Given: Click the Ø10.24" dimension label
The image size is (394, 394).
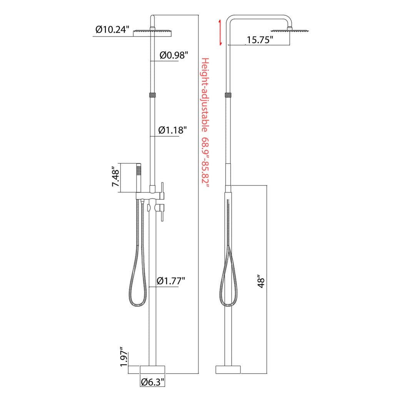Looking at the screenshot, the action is tap(112, 30).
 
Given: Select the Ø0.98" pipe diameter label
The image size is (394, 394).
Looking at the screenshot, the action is tap(174, 55).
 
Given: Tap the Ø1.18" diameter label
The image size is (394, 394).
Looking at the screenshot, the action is tap(173, 130).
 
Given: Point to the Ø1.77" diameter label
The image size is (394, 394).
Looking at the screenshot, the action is tap(171, 280).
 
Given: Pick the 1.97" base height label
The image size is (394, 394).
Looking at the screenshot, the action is tap(124, 357).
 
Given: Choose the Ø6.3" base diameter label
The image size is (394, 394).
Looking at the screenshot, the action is tap(153, 382).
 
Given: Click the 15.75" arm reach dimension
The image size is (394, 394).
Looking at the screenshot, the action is tap(260, 40).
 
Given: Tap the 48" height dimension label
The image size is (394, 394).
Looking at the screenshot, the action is tap(261, 283).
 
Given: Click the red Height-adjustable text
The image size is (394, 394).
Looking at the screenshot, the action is tap(205, 95).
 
